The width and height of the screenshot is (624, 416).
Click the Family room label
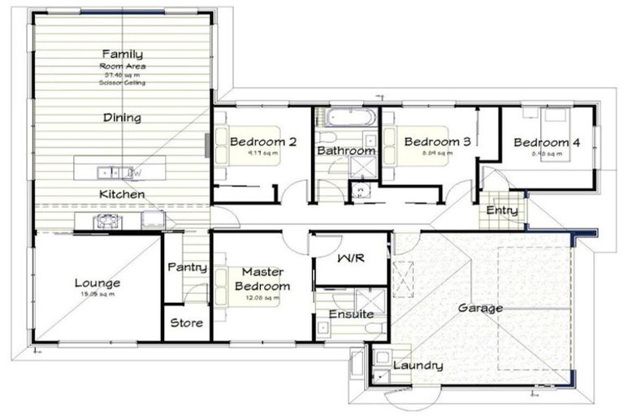tap(122, 54)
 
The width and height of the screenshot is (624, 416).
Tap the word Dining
tap(122, 118)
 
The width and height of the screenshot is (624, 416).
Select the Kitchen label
tap(122, 194)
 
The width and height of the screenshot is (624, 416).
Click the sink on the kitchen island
tap(106, 172)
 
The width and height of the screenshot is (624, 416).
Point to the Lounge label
tap(97, 284)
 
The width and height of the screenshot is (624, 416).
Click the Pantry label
tap(187, 267)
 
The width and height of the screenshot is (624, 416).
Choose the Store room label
tap(186, 323)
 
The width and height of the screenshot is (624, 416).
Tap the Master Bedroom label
tap(262, 280)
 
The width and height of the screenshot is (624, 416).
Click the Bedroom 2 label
tap(262, 142)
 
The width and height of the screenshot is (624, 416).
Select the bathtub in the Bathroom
tap(345, 118)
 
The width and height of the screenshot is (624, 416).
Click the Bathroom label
tap(346, 150)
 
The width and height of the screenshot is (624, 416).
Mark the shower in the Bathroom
tap(360, 167)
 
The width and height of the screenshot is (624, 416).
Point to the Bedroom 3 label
tap(437, 141)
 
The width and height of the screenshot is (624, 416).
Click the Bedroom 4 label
tap(547, 143)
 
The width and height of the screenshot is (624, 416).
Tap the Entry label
tap(502, 211)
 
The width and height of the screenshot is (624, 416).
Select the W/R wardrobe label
tap(350, 258)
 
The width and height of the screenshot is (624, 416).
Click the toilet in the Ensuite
tap(373, 327)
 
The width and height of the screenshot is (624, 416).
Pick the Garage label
tap(479, 308)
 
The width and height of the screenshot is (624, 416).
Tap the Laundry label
tap(418, 366)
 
